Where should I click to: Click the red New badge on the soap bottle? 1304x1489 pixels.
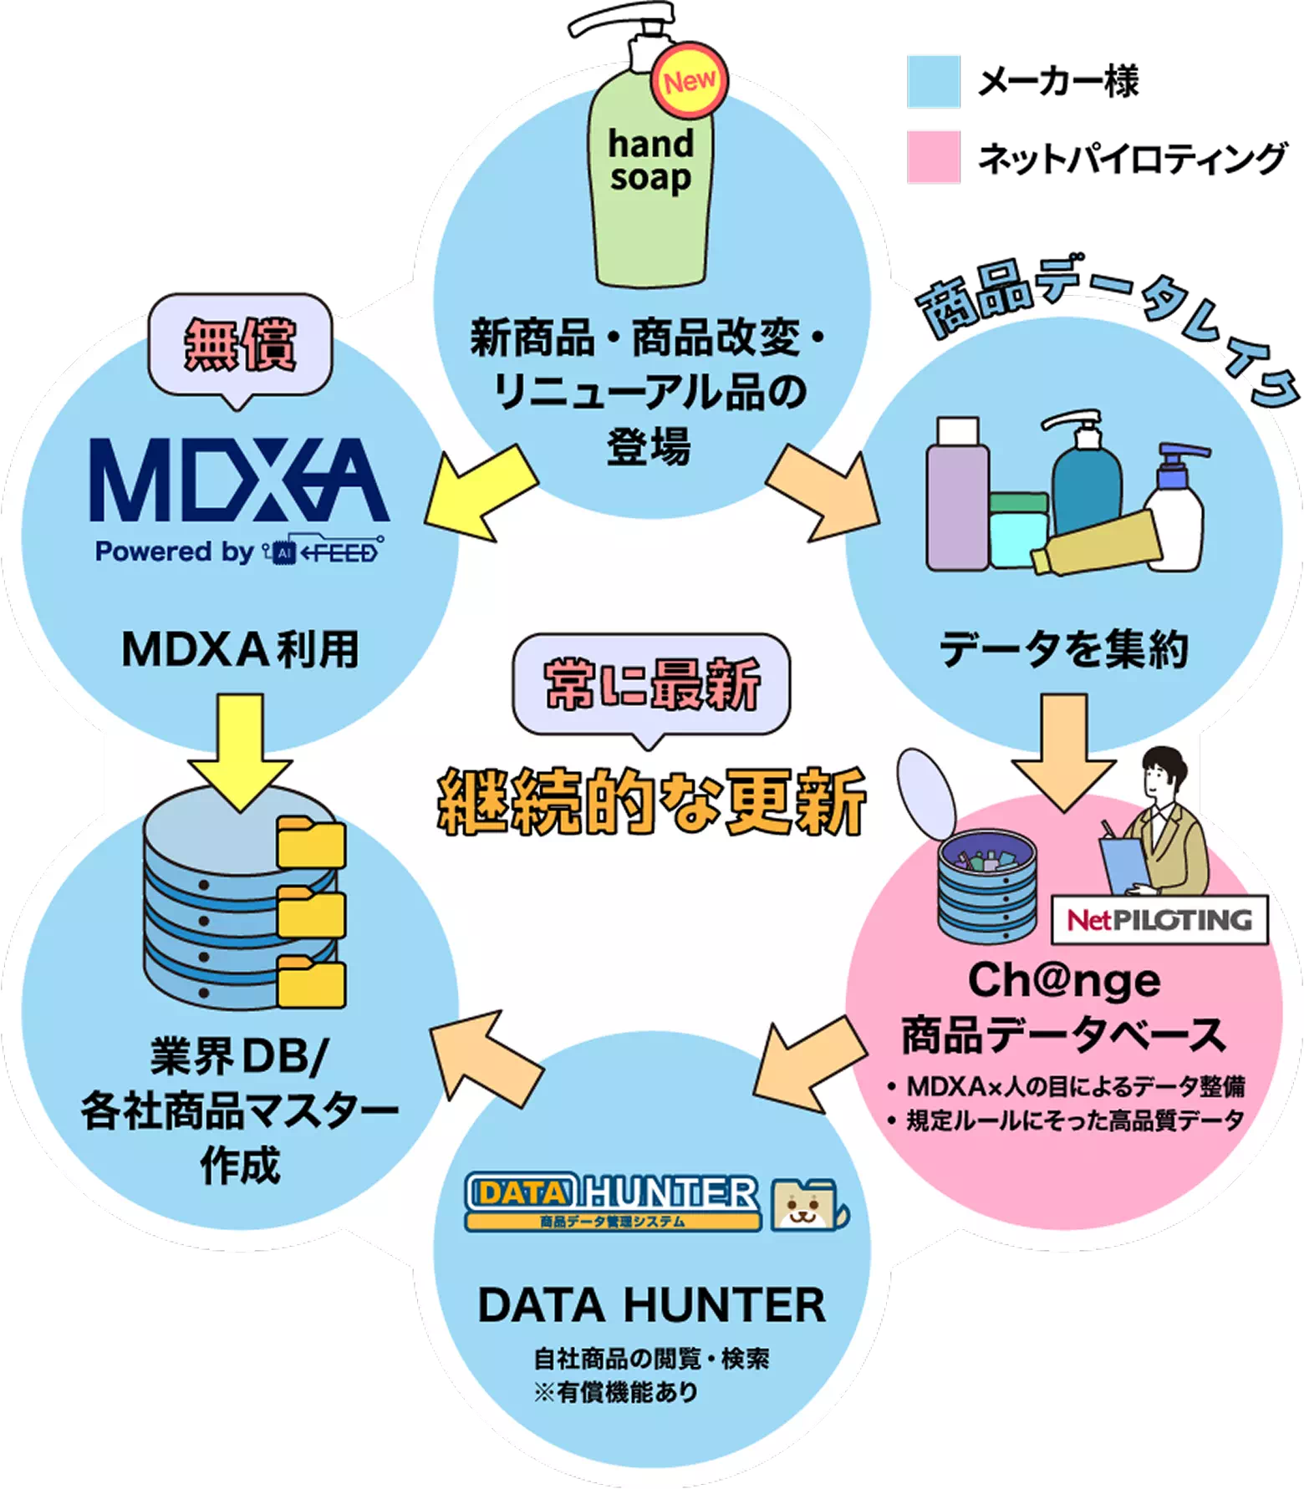point(690,82)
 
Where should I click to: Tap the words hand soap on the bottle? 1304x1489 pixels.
point(650,160)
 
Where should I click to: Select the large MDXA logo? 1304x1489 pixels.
point(239,481)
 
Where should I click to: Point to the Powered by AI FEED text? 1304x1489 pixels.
point(239,551)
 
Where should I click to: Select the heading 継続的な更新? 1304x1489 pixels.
point(651,802)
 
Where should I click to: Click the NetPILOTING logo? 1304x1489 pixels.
point(1159,920)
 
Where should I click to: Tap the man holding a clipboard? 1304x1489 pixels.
point(1158,827)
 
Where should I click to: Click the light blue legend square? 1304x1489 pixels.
point(933,81)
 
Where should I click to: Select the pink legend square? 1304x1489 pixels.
point(933,156)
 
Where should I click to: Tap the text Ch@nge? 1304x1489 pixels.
point(1063,980)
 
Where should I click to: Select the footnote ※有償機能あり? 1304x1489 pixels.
point(615,1392)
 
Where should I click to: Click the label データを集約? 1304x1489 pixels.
point(1063,649)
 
